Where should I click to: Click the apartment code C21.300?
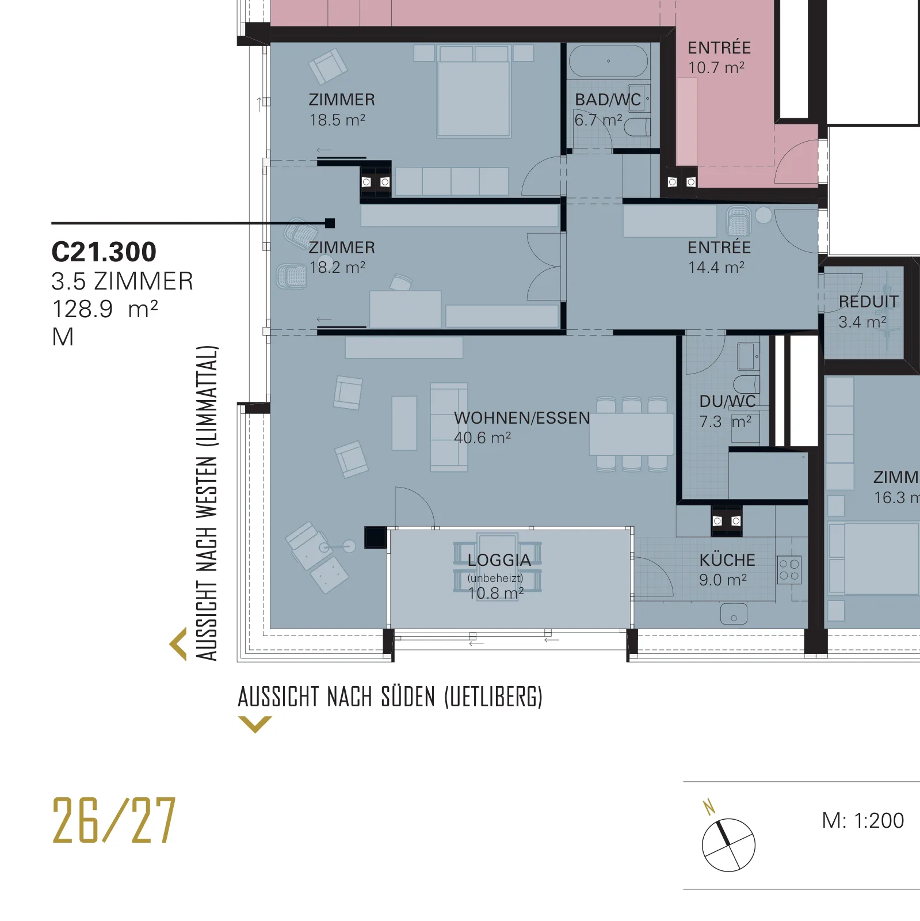click(x=104, y=252)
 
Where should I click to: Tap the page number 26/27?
click(x=114, y=820)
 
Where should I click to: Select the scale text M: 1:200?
click(x=862, y=820)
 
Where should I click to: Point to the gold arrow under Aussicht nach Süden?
click(x=255, y=724)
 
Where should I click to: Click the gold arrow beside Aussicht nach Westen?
click(x=178, y=644)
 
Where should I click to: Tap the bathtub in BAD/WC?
click(x=608, y=61)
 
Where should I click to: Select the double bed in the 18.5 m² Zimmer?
click(x=474, y=92)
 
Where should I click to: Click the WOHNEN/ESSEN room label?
click(x=522, y=418)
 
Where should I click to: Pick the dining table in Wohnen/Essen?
click(x=631, y=434)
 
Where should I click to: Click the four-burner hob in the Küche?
click(x=789, y=570)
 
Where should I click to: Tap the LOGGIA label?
click(x=499, y=560)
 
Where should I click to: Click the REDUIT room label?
click(x=868, y=302)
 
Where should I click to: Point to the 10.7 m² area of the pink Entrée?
click(x=716, y=67)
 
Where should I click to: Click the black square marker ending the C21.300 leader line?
click(x=330, y=223)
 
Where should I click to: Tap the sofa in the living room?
click(x=449, y=428)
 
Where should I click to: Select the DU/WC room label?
click(x=727, y=401)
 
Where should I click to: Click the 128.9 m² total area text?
click(x=105, y=309)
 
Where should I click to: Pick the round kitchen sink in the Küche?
click(x=734, y=614)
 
